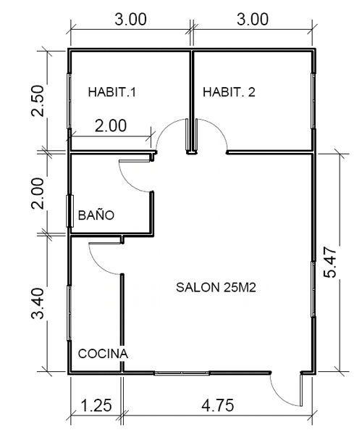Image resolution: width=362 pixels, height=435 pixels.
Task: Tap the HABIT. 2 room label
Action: [229, 92]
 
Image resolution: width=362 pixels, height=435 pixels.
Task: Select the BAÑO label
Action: [96, 215]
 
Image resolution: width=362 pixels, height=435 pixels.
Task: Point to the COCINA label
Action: [103, 354]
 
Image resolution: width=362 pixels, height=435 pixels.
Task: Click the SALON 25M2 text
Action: [217, 288]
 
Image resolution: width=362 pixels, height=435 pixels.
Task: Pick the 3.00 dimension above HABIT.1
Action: [131, 20]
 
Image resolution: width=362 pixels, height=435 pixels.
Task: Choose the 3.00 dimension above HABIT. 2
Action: [252, 20]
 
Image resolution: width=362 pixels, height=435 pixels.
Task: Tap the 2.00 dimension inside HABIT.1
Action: [111, 125]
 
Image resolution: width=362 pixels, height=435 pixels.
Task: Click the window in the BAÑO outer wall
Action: [70, 212]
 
